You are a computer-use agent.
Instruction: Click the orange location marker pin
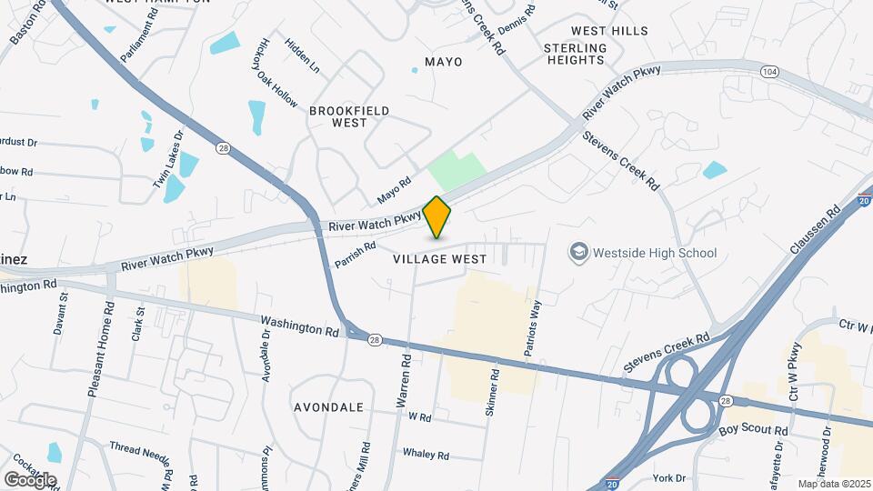point(437,216)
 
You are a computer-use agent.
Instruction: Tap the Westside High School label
point(654,253)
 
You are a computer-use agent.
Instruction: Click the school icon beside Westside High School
point(577,252)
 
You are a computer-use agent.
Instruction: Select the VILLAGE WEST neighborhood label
point(440,259)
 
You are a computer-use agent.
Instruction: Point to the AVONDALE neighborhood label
point(328,407)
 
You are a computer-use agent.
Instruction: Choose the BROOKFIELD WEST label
point(349,116)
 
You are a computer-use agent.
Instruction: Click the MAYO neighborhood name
point(444,62)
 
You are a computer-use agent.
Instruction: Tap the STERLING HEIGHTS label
point(575,54)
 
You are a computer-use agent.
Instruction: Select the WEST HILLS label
point(610,31)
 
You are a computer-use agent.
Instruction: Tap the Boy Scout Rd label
point(753,429)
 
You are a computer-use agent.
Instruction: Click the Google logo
point(30,479)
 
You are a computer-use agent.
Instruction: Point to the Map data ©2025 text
point(834,484)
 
